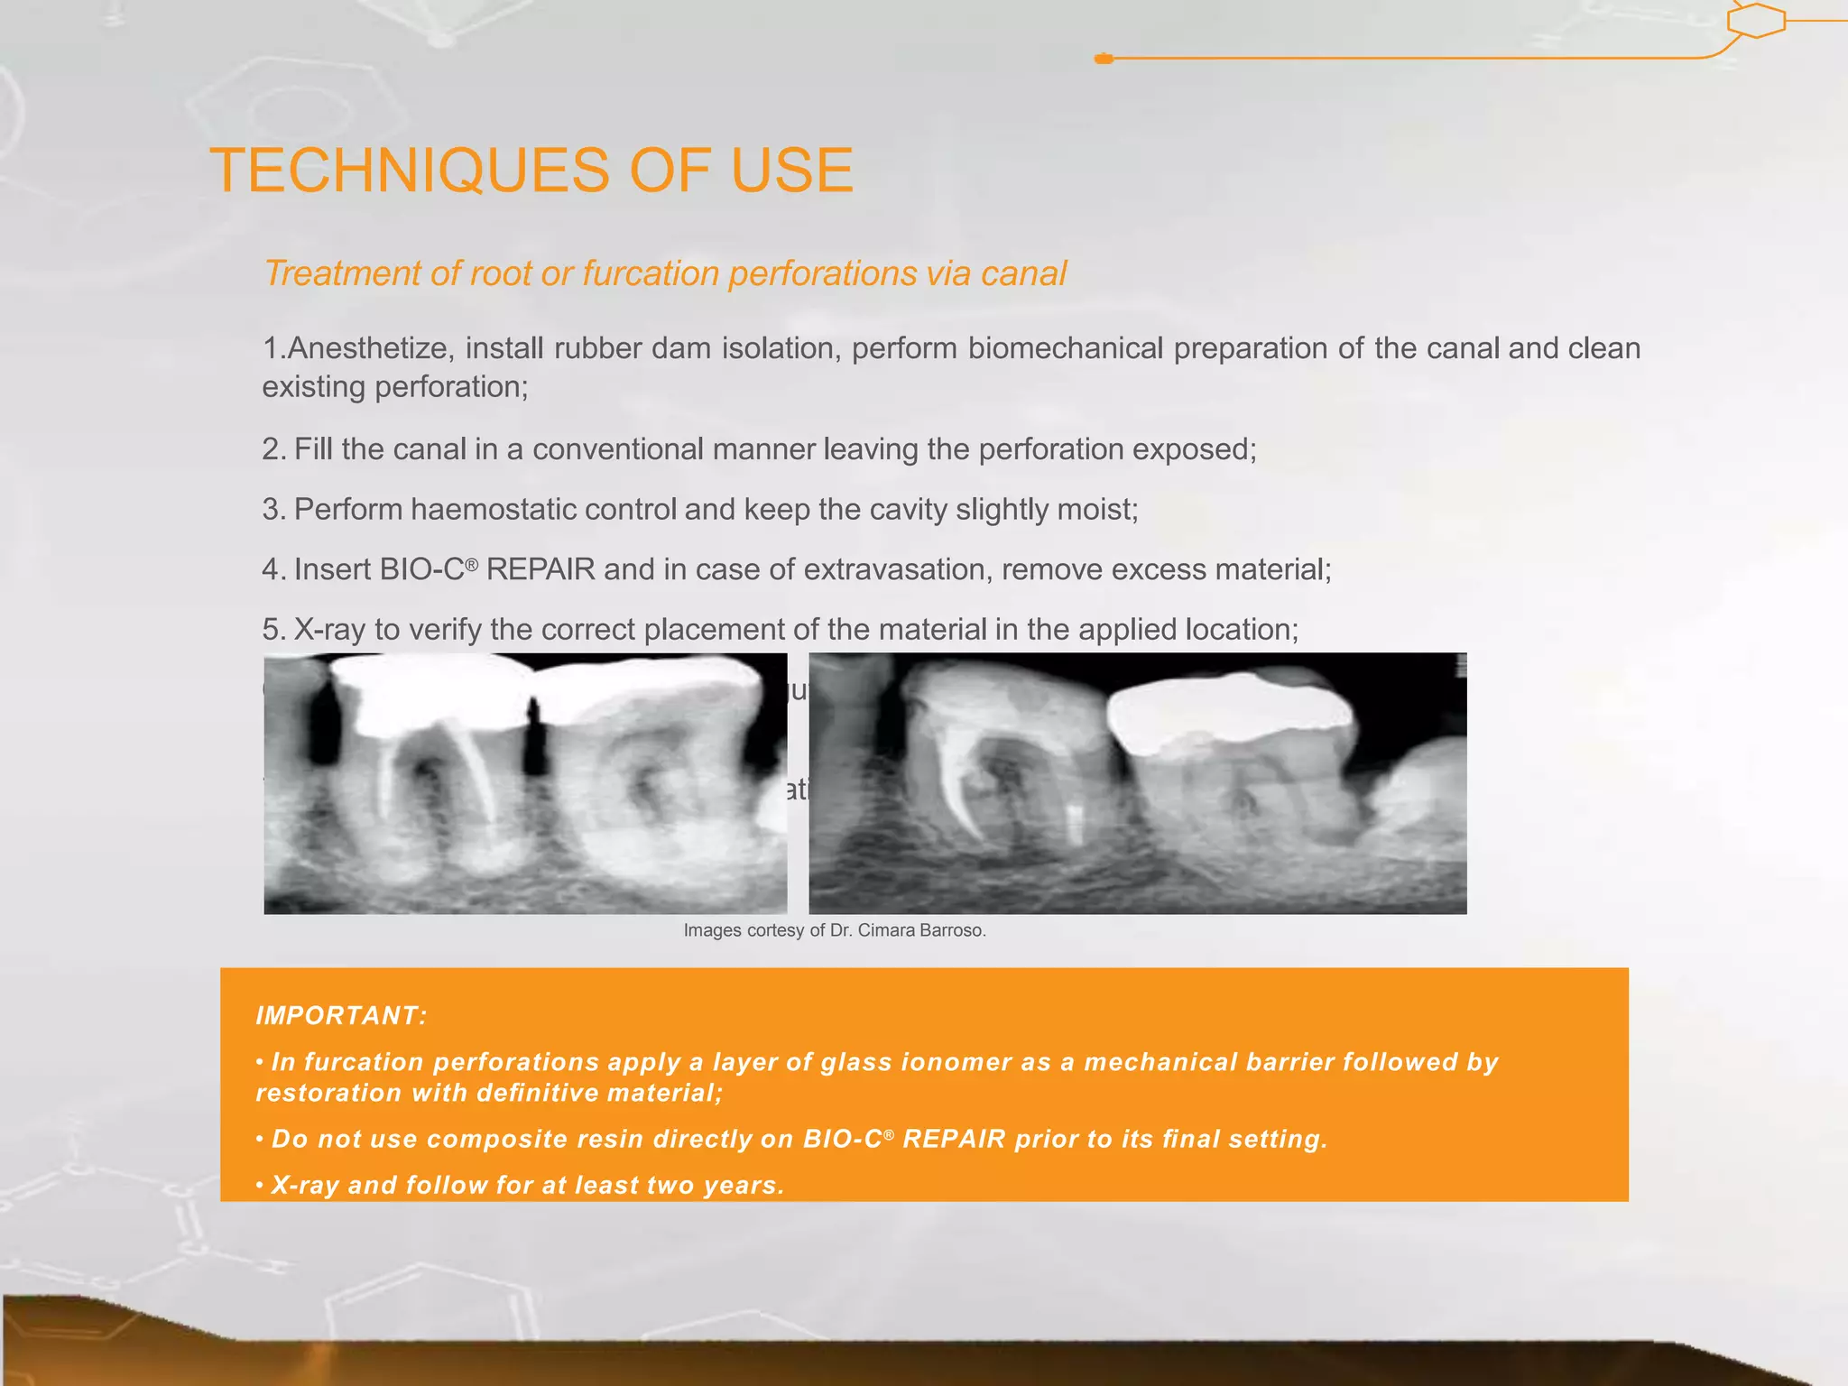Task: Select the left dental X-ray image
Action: point(525,783)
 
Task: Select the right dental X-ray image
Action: point(1137,783)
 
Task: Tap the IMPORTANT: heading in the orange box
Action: point(341,1016)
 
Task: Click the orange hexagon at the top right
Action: point(1756,20)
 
